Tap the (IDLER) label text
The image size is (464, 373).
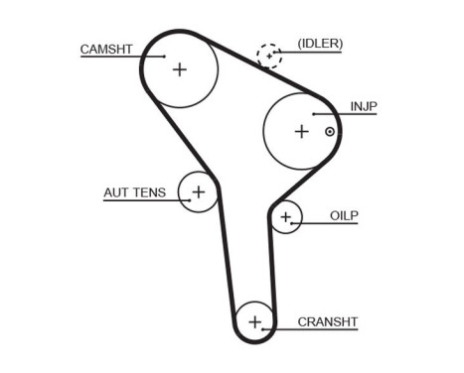[320, 44]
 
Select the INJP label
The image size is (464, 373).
[364, 106]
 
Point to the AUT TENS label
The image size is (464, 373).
[135, 191]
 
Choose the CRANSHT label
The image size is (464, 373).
[327, 322]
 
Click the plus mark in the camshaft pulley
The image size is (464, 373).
[179, 69]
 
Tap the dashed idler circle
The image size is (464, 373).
[269, 55]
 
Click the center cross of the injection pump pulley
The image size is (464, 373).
[301, 130]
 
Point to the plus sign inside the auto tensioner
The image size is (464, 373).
[198, 191]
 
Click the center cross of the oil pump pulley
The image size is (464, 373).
[286, 216]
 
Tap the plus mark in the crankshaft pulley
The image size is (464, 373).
[255, 321]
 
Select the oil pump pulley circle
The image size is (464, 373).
[278, 226]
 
